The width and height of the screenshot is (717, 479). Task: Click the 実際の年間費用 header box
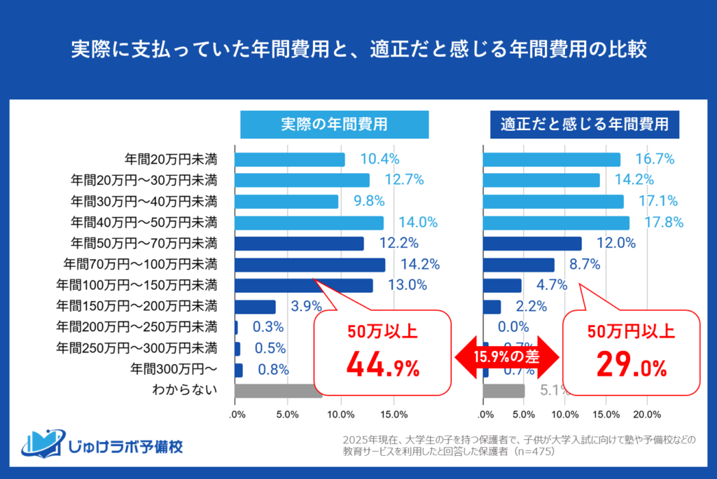[324, 125]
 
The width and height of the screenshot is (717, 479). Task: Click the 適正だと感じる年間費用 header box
[585, 125]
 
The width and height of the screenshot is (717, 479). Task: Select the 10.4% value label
[380, 159]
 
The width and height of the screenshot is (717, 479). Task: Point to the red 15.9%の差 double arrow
[506, 357]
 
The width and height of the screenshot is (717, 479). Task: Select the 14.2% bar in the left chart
[309, 265]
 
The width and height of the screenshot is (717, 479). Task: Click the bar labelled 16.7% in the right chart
[551, 160]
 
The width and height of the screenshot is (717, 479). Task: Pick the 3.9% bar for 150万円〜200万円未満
[255, 307]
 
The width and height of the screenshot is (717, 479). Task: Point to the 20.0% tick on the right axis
[647, 415]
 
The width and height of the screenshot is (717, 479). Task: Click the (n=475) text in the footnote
[531, 452]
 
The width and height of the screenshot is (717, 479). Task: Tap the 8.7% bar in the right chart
[518, 265]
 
